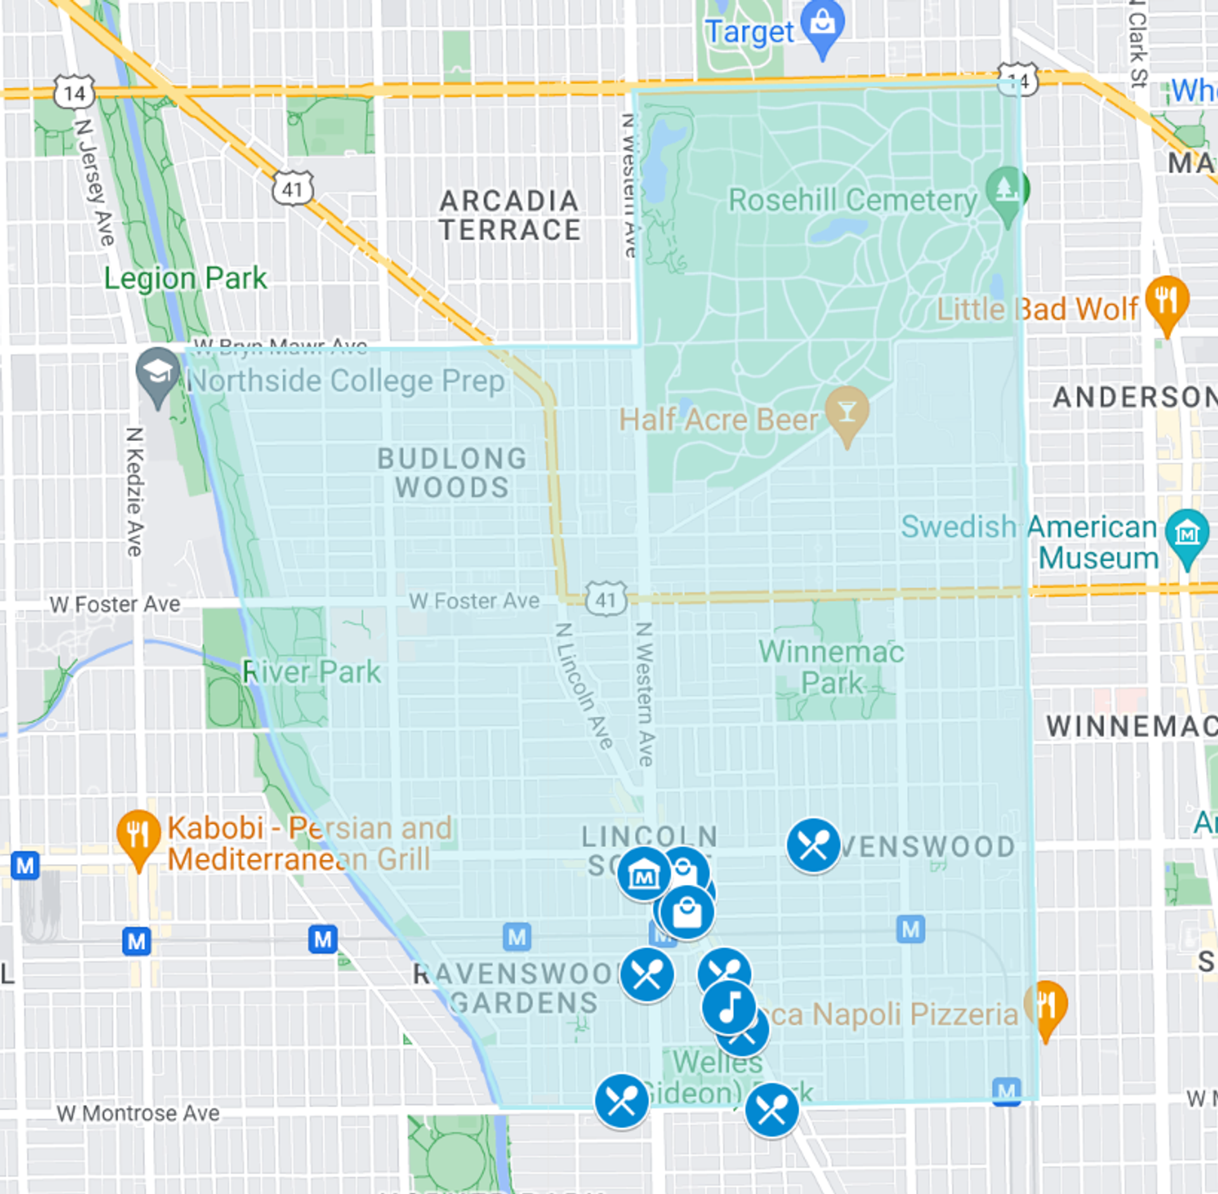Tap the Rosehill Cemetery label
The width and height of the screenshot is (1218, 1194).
[852, 200]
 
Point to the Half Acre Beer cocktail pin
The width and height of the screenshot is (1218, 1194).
[846, 412]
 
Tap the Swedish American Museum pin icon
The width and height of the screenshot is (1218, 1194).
[1187, 534]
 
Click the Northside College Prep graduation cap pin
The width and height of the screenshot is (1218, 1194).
[157, 372]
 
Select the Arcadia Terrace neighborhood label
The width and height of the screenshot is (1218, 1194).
[509, 216]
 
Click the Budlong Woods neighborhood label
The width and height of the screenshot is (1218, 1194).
[452, 473]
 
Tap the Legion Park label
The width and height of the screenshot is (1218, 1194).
[185, 279]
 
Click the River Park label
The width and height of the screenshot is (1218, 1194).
[311, 672]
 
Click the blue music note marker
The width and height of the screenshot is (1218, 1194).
[729, 1006]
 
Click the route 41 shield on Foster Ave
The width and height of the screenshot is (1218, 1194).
[606, 600]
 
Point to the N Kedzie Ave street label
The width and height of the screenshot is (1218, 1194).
[134, 492]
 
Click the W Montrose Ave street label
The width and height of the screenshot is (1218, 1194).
[138, 1113]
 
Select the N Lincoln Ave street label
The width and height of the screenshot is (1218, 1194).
[584, 686]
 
